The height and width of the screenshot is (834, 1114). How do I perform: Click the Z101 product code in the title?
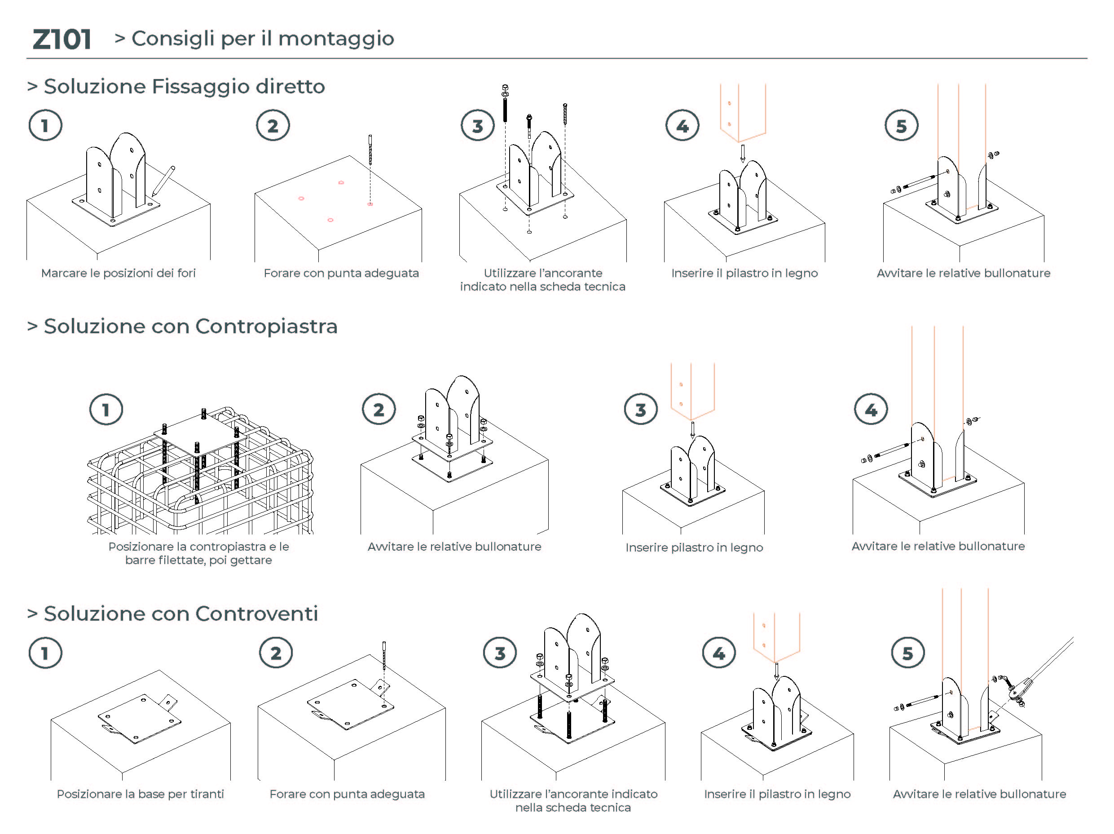click(62, 39)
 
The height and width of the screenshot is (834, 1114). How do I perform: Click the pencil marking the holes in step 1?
click(163, 181)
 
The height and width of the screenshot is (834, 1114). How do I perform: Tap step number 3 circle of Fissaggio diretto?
click(477, 126)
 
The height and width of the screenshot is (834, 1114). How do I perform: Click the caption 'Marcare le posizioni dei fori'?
click(119, 273)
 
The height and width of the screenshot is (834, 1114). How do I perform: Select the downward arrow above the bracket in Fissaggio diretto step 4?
click(742, 153)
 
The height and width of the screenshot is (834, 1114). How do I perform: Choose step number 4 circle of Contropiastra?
click(871, 410)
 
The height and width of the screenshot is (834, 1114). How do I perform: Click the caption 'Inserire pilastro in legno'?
click(694, 547)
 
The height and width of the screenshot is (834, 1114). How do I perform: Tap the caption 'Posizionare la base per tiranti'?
click(140, 794)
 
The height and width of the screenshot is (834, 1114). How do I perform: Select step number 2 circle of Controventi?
click(276, 653)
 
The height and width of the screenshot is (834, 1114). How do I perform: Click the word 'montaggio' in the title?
click(336, 39)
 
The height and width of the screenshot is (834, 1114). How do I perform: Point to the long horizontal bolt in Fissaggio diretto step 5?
click(919, 182)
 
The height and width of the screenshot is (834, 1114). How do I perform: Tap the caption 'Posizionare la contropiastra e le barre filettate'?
click(198, 553)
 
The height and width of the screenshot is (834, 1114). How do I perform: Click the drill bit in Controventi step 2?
click(384, 655)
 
